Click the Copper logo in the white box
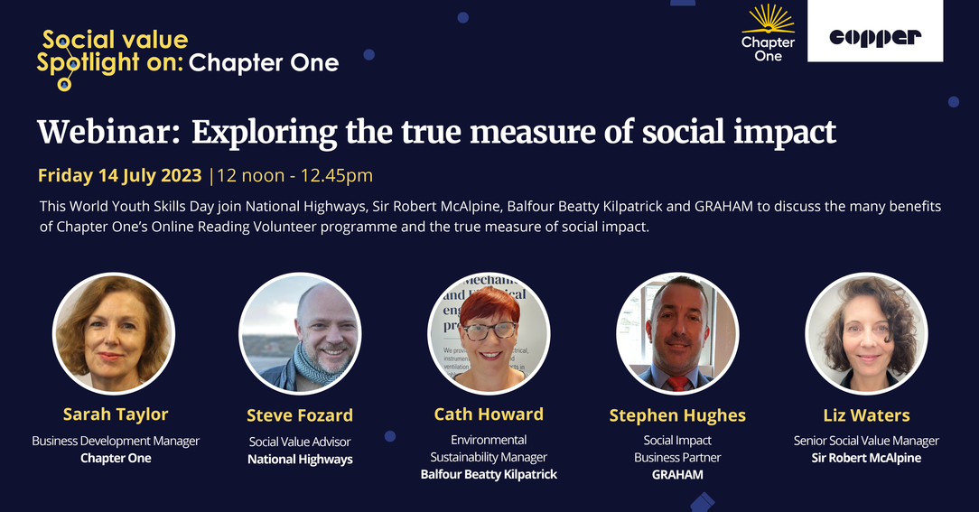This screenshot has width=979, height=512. click(x=875, y=38)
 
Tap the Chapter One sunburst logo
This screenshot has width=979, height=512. click(x=768, y=33)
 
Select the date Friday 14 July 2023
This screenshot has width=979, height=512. click(x=120, y=175)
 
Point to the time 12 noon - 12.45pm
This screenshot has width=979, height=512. click(x=294, y=175)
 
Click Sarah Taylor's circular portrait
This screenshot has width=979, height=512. click(x=114, y=333)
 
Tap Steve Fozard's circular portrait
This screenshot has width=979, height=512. click(x=300, y=333)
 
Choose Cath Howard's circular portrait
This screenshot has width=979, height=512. click(x=489, y=333)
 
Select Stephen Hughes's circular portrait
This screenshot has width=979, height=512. click(x=677, y=333)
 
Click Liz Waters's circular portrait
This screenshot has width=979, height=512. click(x=867, y=333)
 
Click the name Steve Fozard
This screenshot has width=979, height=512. click(x=300, y=415)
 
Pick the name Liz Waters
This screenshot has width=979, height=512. click(x=867, y=415)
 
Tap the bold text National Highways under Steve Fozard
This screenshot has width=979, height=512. click(x=301, y=460)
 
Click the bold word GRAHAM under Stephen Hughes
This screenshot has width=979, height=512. click(x=677, y=475)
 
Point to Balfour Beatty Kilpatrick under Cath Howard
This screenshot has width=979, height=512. click(x=489, y=475)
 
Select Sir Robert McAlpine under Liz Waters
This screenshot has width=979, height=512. click(x=867, y=459)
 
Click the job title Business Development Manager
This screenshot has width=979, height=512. click(x=117, y=442)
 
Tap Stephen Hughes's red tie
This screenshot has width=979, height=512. click(x=678, y=384)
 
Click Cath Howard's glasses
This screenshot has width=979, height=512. click(x=489, y=330)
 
